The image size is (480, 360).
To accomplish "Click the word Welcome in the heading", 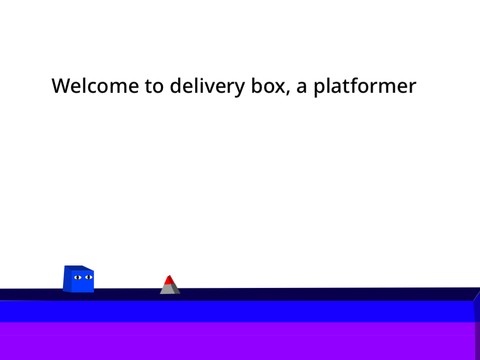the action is tap(95, 86).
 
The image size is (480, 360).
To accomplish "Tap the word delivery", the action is tap(202, 86).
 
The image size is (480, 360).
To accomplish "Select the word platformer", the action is tap(365, 87).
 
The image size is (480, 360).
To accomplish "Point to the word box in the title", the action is tap(263, 86).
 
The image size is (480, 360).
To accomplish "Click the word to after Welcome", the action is tap(154, 87).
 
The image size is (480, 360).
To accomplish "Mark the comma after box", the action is tap(285, 93).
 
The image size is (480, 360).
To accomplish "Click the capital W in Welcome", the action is tap(62, 86).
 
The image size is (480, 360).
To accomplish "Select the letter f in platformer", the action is tap(356, 85).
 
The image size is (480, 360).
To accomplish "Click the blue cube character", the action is tap(79, 279).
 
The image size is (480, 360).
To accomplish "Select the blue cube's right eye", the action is tap(88, 276).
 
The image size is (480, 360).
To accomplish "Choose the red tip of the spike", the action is tap(170, 280).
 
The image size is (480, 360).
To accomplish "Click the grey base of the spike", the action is tap(170, 290).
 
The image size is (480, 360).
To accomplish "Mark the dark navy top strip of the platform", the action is tap(300, 294).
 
